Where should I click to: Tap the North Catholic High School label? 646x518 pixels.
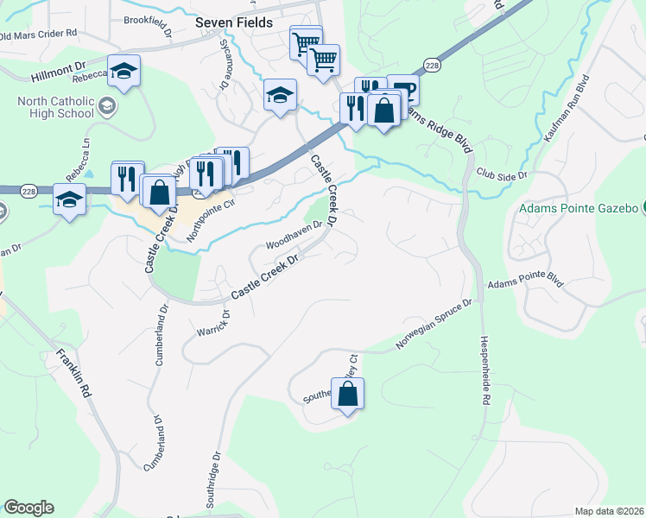[x=55, y=107]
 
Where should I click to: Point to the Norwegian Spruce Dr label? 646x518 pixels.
[x=434, y=325]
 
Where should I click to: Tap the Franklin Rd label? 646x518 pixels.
[x=73, y=372]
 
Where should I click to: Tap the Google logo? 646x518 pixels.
[x=28, y=508]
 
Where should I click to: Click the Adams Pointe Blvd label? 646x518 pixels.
[x=525, y=283]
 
